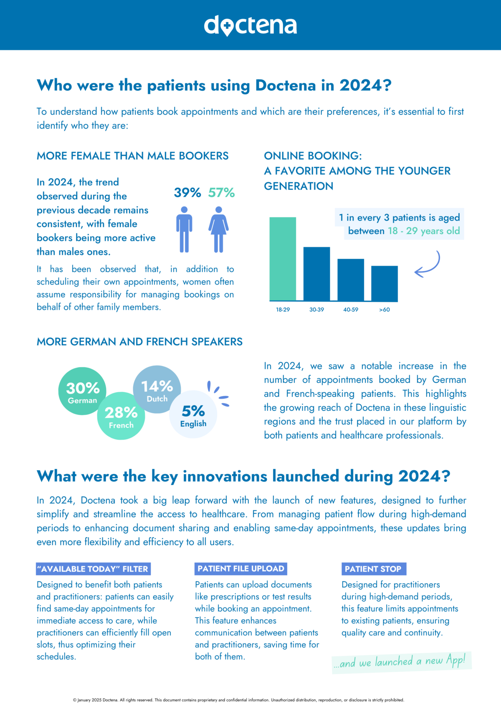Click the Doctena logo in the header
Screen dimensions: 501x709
tap(250, 25)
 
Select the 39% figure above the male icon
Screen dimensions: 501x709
tap(187, 193)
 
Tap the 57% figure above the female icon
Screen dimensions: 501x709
tap(221, 193)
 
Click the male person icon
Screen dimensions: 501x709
tap(184, 229)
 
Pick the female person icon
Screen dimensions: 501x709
tap(218, 229)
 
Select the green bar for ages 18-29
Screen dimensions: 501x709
tap(283, 259)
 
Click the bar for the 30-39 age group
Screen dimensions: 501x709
tap(316, 274)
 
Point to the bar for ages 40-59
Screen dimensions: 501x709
tap(351, 280)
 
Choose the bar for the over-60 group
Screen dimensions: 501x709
tap(385, 284)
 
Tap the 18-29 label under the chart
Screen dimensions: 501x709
tap(283, 310)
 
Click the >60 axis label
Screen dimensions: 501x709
tap(385, 310)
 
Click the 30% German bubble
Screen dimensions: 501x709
tap(82, 391)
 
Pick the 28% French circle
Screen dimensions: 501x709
tap(121, 416)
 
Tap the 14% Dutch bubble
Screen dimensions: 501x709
tap(157, 389)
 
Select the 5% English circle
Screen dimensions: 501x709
tap(193, 414)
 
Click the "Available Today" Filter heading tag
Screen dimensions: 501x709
tap(93, 569)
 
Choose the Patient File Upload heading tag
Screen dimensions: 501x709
tap(241, 569)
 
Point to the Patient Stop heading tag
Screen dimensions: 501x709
tap(374, 569)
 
